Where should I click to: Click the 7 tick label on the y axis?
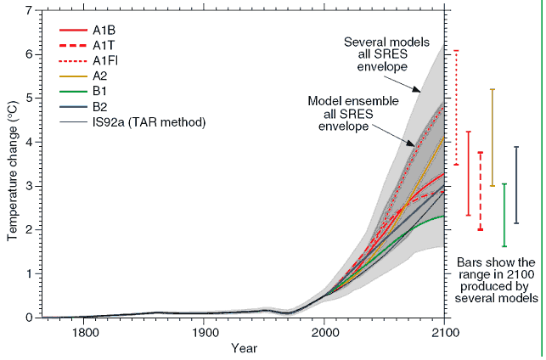[29, 10]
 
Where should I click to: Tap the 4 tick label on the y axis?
[29, 142]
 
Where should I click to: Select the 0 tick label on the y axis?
[29, 318]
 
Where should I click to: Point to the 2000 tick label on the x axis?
[324, 332]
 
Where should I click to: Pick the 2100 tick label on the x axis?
[444, 332]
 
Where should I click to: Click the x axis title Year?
[244, 348]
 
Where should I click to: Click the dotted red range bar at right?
[456, 107]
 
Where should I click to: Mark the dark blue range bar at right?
[516, 185]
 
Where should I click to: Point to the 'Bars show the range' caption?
[497, 280]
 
